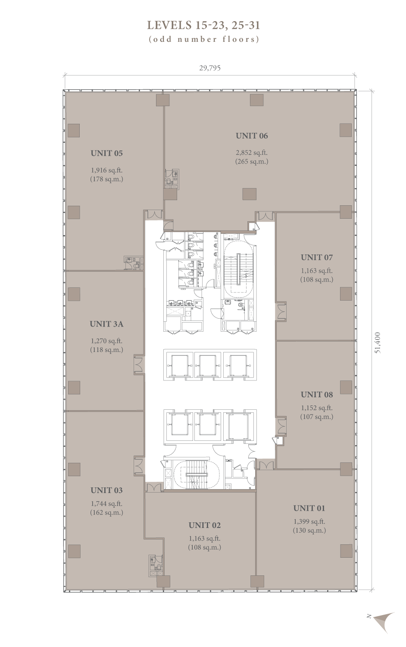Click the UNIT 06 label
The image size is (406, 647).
252,136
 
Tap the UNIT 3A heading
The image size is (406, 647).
106,324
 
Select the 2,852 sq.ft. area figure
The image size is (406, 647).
252,153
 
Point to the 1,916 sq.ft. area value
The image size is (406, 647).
106,170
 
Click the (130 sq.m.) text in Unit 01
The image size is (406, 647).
309,530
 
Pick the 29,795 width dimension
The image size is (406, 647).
210,68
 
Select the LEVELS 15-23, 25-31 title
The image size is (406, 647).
203,25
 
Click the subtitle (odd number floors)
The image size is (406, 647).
204,39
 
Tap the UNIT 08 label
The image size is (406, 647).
316,395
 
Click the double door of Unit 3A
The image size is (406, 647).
138,364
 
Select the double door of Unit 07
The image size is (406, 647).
281,311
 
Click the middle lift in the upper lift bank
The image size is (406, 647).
208,365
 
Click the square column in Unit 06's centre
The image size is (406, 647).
249,194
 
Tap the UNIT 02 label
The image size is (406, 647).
205,525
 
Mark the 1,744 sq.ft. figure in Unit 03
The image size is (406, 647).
106,504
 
